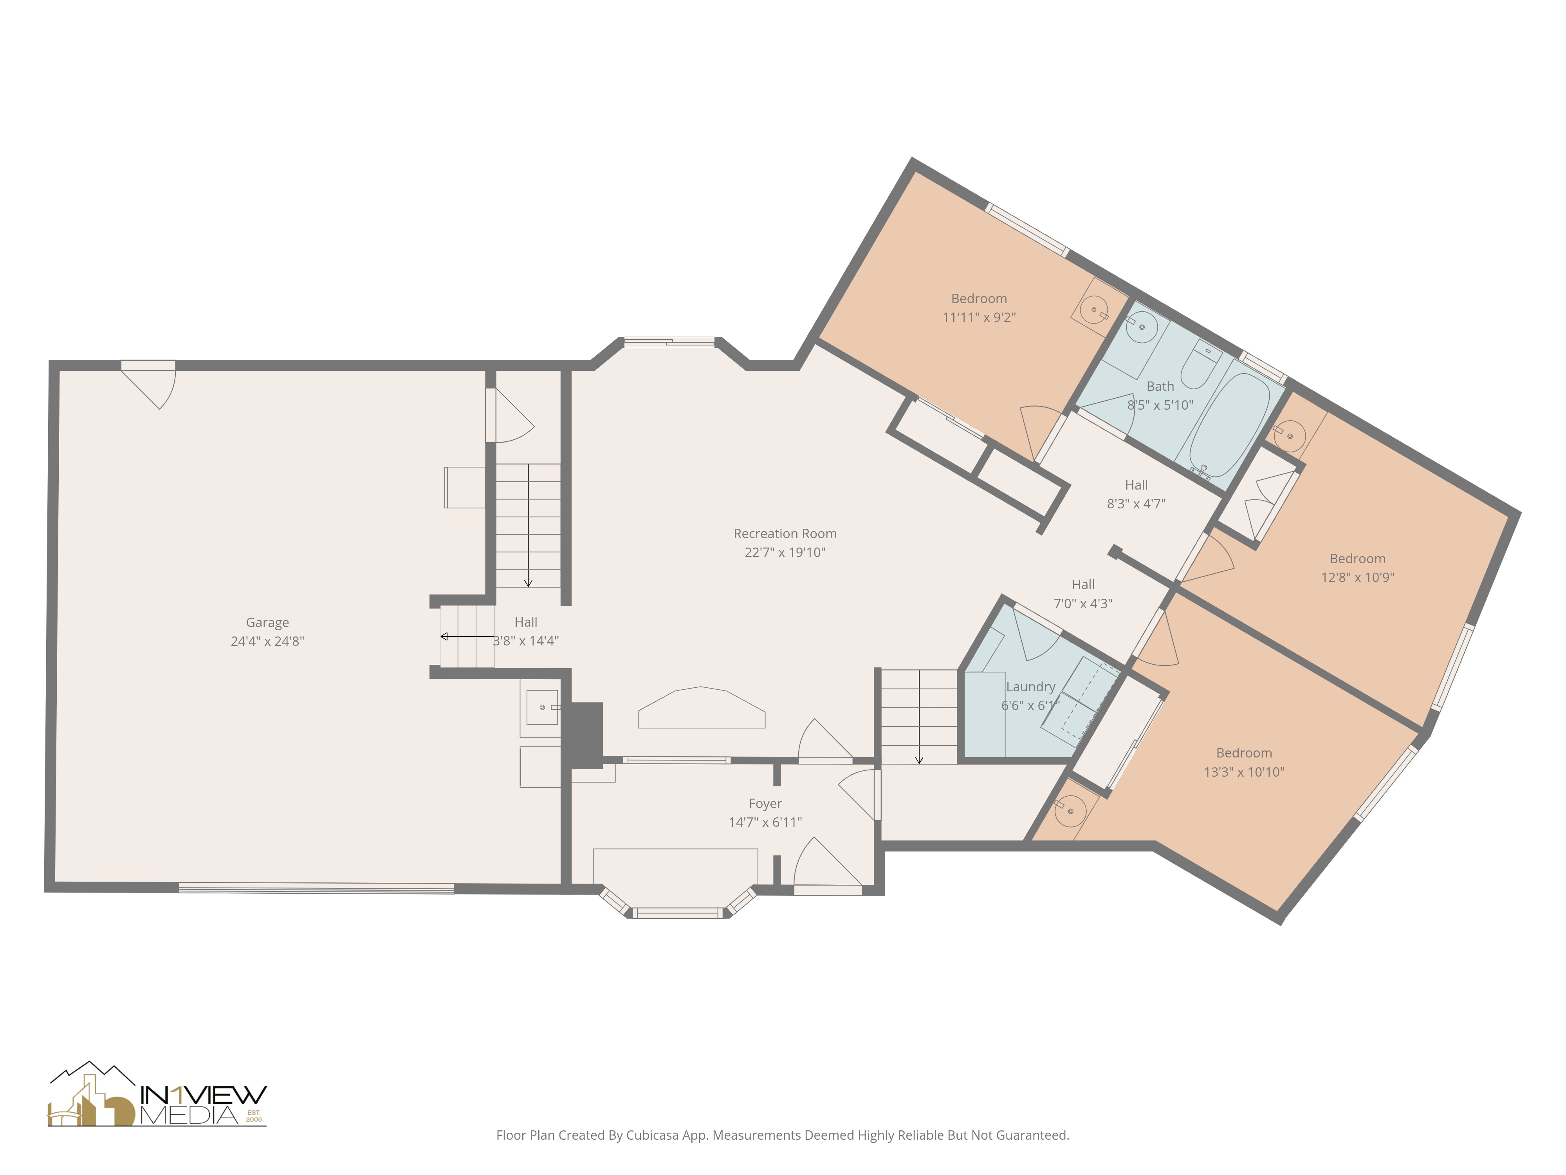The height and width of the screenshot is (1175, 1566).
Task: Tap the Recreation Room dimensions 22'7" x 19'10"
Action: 785,552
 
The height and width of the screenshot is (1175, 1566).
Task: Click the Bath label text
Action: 1160,386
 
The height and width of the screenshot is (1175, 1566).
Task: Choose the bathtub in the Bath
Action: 1229,425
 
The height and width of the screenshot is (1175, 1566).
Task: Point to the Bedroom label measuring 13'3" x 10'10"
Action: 1244,753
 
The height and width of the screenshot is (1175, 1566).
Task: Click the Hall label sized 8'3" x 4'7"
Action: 1136,485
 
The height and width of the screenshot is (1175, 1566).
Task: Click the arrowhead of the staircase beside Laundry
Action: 919,760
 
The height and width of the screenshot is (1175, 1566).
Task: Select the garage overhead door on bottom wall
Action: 316,888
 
